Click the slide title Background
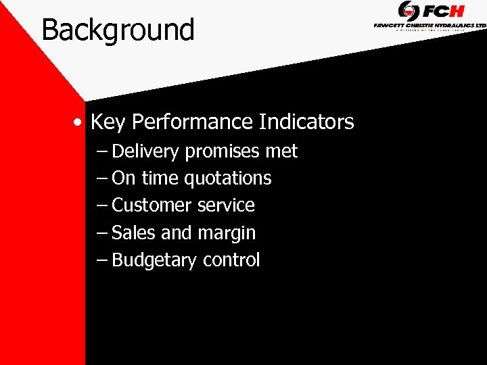pos(118,30)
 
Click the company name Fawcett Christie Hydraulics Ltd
pos(430,25)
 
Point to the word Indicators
pos(306,122)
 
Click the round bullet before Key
pos(80,123)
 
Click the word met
pos(281,151)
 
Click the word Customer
pos(153,205)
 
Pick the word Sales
pos(133,233)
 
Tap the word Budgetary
pos(154,260)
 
